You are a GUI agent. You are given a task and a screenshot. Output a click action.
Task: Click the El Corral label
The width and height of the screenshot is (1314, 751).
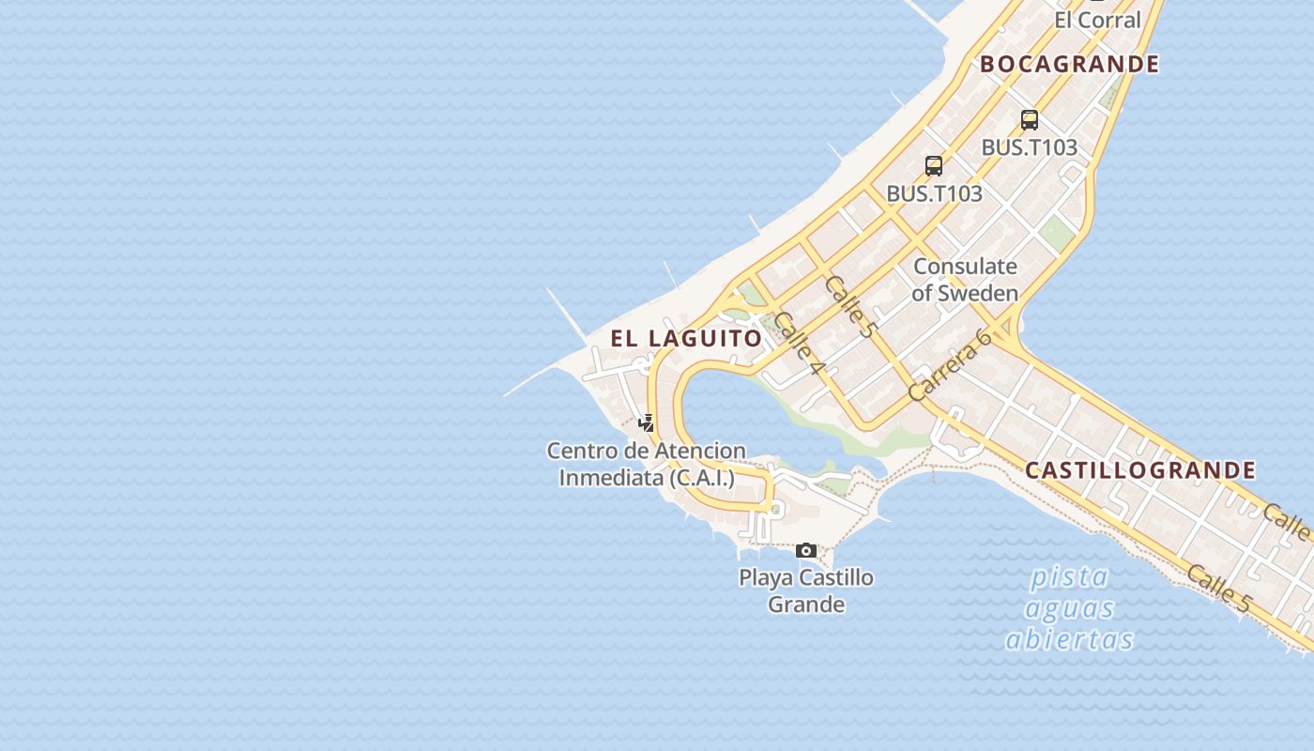1097,20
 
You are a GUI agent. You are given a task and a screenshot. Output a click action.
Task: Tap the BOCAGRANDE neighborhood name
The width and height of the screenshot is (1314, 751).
1070,64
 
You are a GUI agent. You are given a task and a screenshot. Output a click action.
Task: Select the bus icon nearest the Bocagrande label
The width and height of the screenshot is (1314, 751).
1030,120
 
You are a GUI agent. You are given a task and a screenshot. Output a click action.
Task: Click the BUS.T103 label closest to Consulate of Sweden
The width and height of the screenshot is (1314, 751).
934,193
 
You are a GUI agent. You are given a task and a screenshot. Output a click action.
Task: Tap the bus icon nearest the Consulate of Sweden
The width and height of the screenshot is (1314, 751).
934,166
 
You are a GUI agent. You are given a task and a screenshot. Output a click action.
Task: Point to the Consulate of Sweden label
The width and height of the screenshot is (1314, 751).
965,280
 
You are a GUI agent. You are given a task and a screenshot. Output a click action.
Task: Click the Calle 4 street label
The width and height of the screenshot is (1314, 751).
798,344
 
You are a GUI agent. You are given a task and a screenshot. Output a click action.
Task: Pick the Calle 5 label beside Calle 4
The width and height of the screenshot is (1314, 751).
849,307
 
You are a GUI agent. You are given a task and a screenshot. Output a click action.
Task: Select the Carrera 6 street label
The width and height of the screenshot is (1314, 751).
951,365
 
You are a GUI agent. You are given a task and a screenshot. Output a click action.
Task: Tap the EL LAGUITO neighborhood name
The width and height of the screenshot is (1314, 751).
686,339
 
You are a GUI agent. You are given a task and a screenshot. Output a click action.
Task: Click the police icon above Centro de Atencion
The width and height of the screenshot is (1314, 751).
646,423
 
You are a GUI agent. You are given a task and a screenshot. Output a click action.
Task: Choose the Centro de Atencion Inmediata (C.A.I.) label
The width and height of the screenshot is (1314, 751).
647,464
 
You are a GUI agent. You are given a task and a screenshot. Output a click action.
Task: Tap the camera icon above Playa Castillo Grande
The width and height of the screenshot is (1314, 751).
806,551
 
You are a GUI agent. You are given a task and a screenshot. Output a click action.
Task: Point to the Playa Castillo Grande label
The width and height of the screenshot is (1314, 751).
806,590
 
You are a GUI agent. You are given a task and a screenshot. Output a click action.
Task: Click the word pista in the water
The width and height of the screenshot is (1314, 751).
1069,576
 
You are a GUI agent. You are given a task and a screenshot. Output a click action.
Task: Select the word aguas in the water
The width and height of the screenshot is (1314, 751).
1069,608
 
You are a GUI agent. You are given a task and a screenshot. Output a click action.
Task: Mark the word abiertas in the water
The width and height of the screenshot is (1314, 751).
1069,640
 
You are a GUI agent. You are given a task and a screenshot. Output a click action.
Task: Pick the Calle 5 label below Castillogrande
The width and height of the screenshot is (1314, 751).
1217,589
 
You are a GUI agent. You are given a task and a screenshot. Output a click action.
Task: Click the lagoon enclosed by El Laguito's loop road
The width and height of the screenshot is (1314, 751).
741,413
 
